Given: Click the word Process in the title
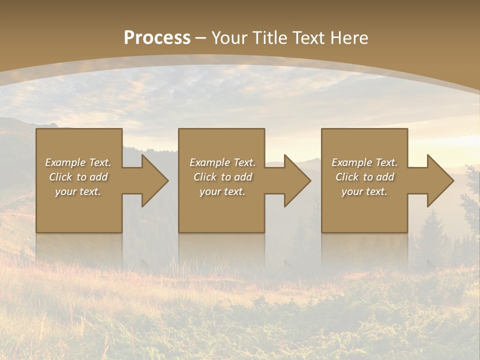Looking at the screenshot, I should pos(157,38).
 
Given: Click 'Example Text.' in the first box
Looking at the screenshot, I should pos(78,162).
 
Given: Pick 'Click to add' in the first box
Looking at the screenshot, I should pos(78,177).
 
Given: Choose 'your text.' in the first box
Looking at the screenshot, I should pos(78,191).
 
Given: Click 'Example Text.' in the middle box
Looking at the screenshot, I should pos(222,162).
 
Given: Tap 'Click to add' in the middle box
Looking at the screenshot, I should pos(222,177).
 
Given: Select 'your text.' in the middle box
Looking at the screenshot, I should pos(222,191).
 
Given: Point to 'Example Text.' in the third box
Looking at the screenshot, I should pos(364,162).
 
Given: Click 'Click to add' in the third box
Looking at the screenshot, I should pos(364,177).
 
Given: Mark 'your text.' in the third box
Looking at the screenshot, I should pos(364,191).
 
